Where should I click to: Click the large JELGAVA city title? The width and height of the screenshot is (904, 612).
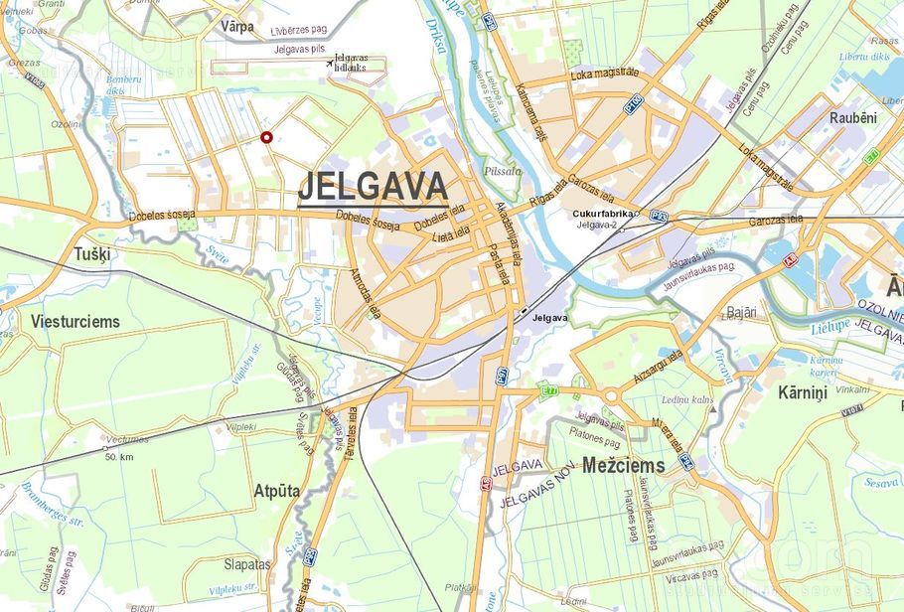click(x=373, y=186)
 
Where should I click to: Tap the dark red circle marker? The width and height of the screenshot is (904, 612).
click(x=266, y=137)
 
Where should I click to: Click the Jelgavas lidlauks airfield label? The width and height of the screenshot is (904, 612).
click(x=351, y=63)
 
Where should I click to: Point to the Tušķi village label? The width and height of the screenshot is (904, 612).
click(x=92, y=254)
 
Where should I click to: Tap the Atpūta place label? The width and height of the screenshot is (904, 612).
click(x=277, y=491)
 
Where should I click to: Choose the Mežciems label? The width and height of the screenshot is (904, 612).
click(x=624, y=465)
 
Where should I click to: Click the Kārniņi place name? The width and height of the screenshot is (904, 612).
click(x=803, y=393)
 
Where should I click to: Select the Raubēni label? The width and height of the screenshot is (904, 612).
click(x=853, y=117)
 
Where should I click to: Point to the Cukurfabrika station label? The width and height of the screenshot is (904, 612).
click(x=603, y=214)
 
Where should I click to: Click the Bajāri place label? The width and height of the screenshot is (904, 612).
click(x=741, y=312)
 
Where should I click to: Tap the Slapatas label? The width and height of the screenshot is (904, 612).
click(x=246, y=563)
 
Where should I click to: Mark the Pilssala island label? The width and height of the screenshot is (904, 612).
click(x=502, y=171)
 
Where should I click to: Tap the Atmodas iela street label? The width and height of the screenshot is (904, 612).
click(x=365, y=292)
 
